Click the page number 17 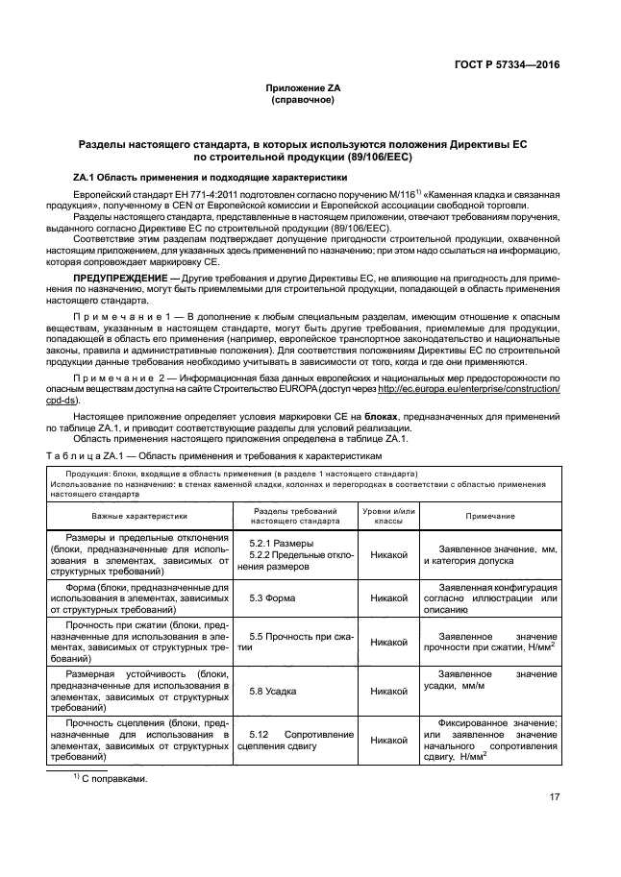[555, 795]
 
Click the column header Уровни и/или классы [388, 516]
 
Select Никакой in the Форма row [388, 597]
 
